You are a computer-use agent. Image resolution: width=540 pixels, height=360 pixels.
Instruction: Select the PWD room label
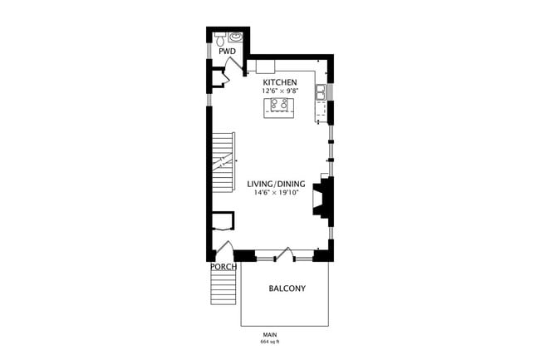(x=228, y=52)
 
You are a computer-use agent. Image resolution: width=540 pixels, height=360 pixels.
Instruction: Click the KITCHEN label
(x=280, y=82)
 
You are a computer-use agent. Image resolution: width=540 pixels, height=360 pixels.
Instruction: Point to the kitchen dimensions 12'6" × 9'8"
(x=280, y=91)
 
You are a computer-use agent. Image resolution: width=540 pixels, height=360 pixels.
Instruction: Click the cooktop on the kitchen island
(x=279, y=105)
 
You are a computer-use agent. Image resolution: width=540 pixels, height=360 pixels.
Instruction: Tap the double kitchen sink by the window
(x=321, y=92)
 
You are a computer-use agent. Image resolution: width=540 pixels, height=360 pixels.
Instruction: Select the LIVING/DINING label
(x=276, y=184)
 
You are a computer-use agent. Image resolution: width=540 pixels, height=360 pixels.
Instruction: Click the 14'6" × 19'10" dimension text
(x=276, y=193)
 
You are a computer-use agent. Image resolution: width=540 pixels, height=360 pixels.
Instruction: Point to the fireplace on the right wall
(x=322, y=198)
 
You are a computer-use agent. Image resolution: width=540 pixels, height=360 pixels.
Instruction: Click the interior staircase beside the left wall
(x=223, y=163)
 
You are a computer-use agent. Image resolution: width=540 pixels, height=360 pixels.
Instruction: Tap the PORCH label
(x=223, y=267)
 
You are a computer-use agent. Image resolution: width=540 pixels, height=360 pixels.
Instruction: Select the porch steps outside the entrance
(x=223, y=288)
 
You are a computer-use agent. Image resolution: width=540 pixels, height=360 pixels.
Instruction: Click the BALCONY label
(x=287, y=288)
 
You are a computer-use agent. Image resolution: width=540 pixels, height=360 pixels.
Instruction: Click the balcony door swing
(x=285, y=254)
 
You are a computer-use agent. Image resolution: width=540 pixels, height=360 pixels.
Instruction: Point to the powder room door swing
(x=234, y=66)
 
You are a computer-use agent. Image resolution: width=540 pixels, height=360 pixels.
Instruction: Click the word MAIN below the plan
(x=270, y=334)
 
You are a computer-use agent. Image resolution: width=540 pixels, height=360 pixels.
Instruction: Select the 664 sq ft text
(x=270, y=342)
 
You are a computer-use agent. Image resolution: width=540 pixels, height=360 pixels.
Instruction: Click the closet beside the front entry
(x=223, y=221)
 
